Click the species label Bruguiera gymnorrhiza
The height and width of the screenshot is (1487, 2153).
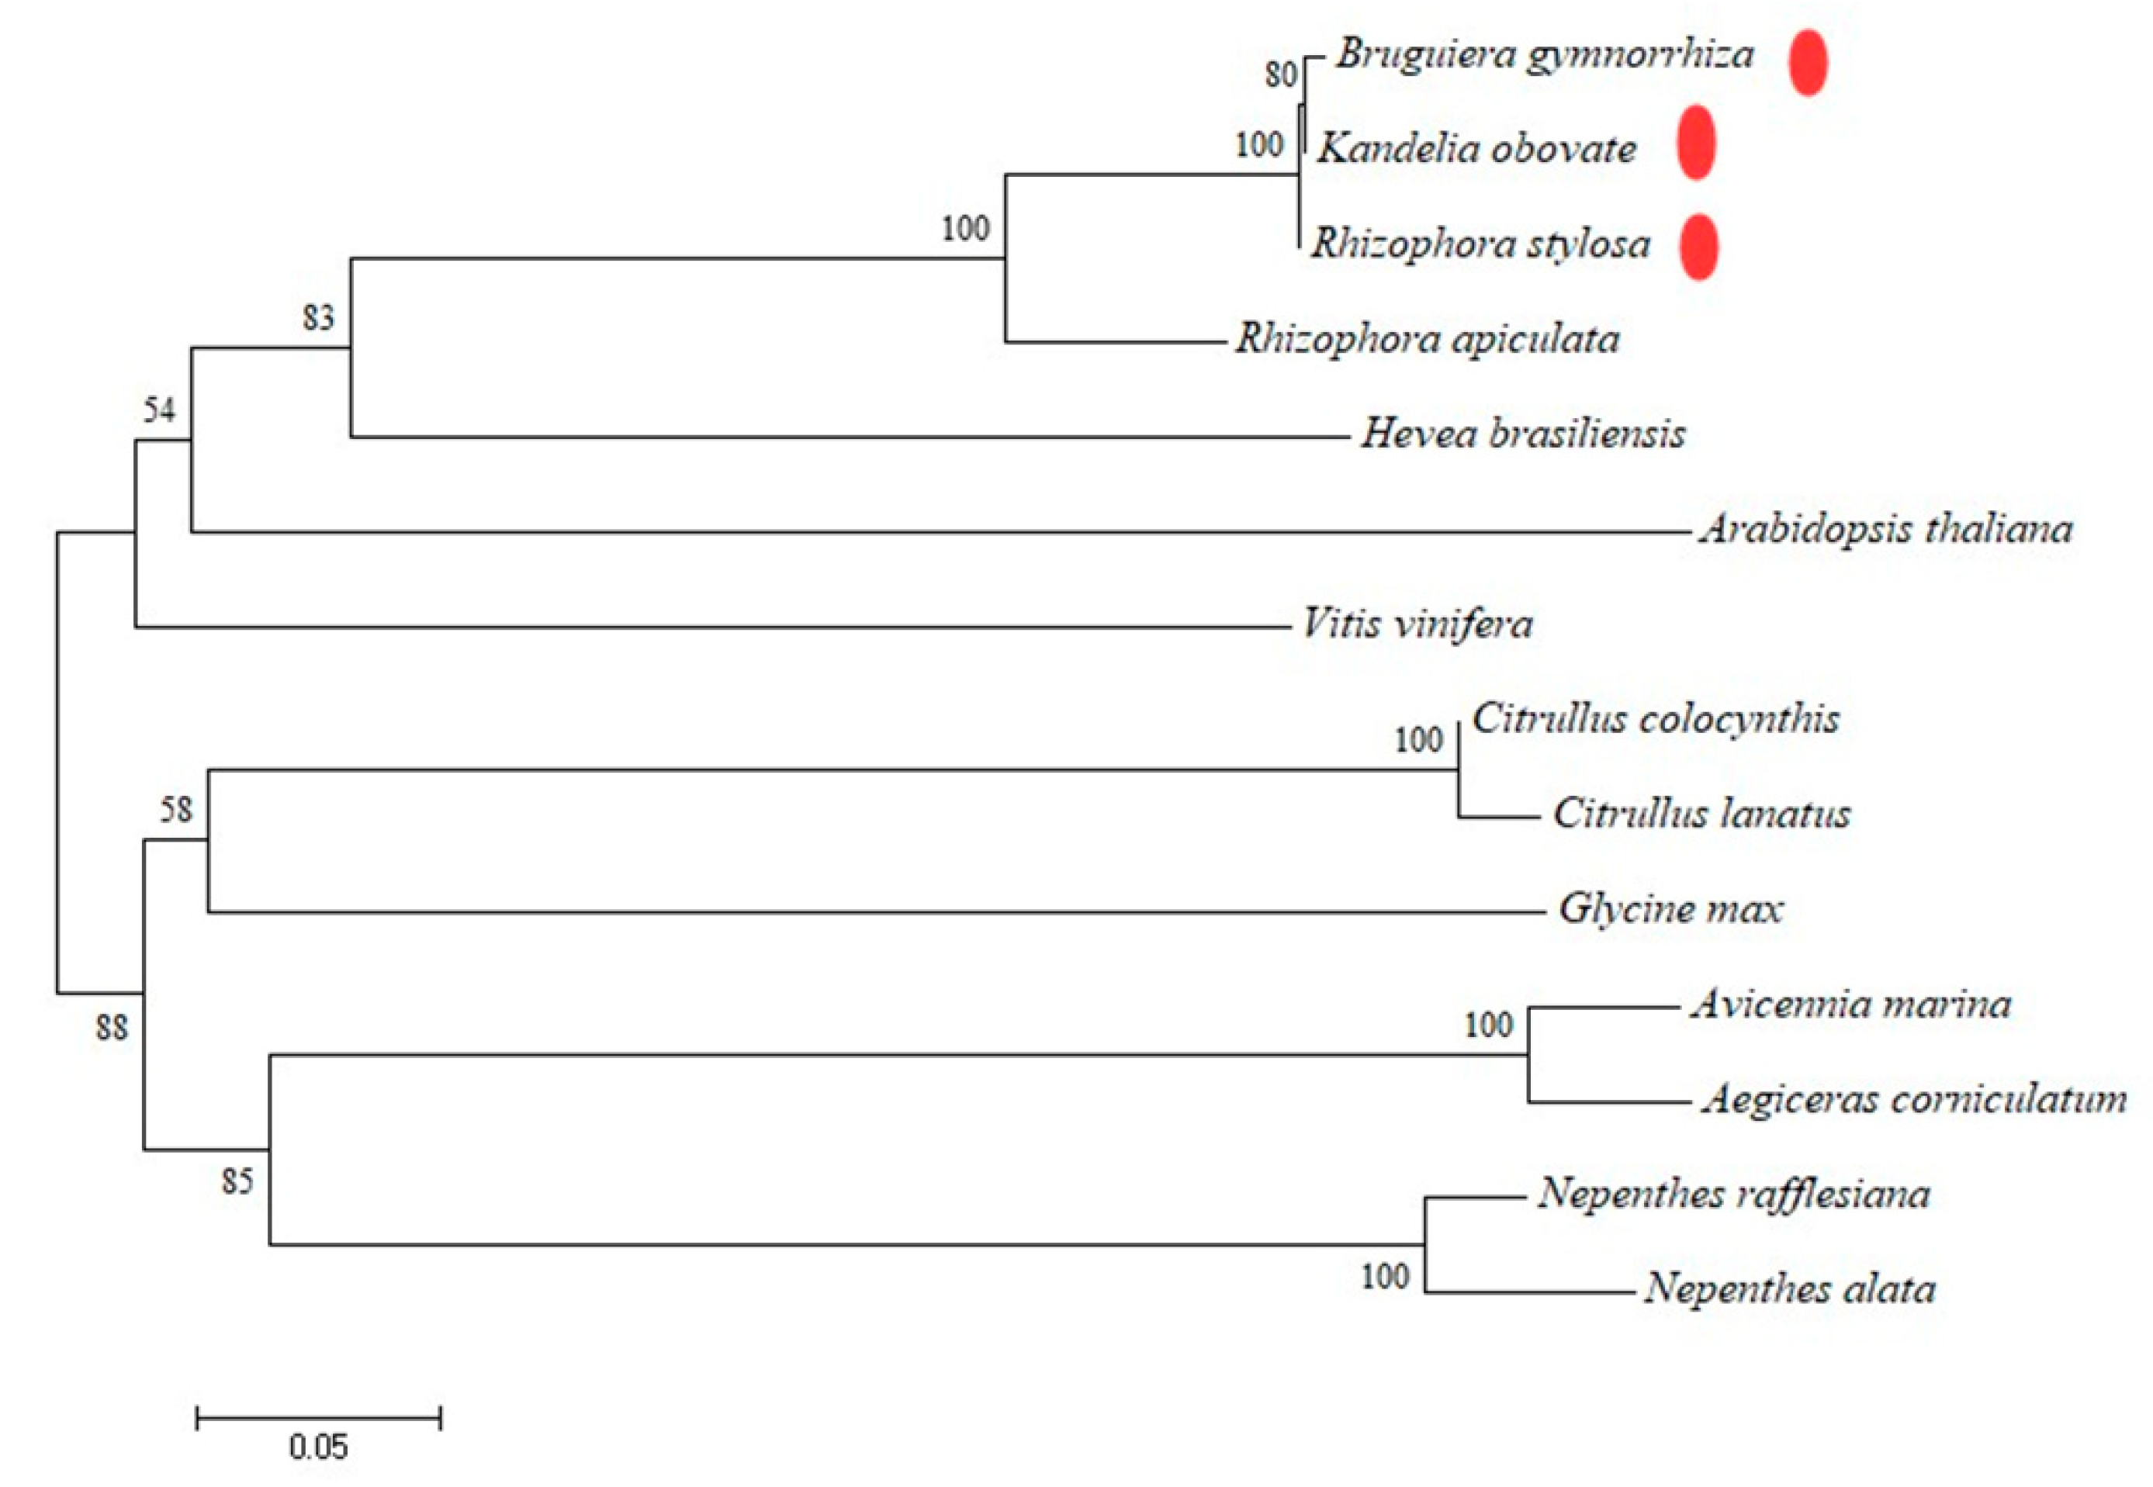coord(1544,55)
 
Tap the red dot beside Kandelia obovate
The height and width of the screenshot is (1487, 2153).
coord(1695,143)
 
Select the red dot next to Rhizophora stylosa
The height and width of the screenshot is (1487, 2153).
coord(1698,246)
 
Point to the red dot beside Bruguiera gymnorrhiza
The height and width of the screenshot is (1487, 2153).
coord(1808,62)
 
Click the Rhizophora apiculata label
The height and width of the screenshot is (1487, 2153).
coord(1428,339)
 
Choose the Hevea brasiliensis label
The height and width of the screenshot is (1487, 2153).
coord(1523,434)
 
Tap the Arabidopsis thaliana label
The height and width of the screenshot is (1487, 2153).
coord(1885,529)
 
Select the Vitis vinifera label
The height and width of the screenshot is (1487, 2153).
coord(1417,624)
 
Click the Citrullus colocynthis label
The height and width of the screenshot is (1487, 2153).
coord(1656,719)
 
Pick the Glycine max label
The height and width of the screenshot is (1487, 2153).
coord(1670,908)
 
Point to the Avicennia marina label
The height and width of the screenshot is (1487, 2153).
coord(1850,1005)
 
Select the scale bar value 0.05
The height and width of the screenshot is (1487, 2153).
coord(317,1447)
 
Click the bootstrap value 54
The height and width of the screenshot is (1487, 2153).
coord(159,410)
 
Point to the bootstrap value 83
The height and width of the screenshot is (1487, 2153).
coord(317,318)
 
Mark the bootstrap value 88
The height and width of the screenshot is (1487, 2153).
coord(112,1028)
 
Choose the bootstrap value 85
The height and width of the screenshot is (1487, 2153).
coord(237,1181)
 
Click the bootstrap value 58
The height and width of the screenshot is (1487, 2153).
coord(176,809)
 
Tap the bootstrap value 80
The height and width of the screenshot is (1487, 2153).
coord(1281,74)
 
